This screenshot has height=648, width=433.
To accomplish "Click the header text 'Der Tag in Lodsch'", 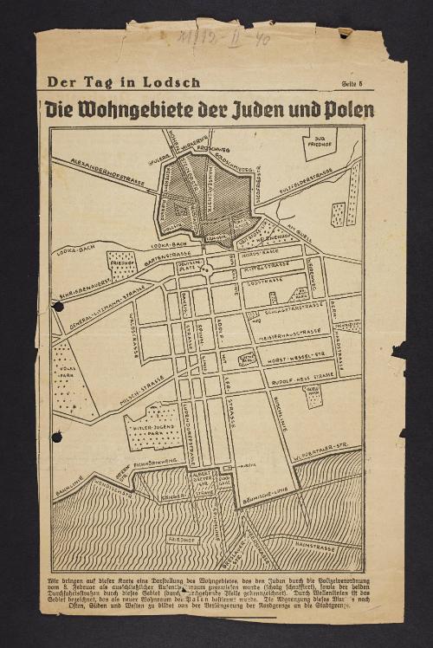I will point(123,83).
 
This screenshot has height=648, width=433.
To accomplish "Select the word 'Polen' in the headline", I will point(344,111).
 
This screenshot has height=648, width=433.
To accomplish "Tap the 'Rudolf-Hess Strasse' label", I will point(300,375).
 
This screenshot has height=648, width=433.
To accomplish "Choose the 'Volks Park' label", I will point(67,378).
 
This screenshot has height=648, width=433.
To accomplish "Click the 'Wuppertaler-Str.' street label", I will point(321,451).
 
